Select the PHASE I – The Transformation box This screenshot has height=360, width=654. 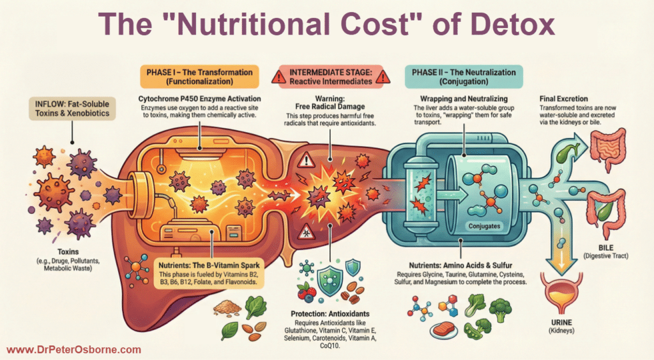click(201, 77)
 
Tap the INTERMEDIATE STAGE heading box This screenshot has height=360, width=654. click(330, 77)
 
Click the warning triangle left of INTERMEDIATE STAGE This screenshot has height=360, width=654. click(279, 77)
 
